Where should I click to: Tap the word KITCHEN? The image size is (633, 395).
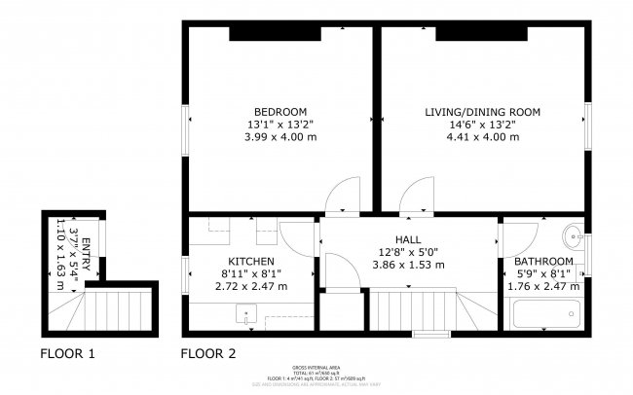pyautogui.click(x=250, y=262)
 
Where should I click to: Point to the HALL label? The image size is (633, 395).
pyautogui.click(x=408, y=239)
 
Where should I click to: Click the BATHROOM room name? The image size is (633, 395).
pyautogui.click(x=543, y=262)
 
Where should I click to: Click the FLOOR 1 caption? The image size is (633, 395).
pyautogui.click(x=67, y=353)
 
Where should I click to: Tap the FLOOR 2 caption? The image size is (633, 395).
pyautogui.click(x=208, y=353)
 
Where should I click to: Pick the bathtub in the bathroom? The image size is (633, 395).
pyautogui.click(x=545, y=315)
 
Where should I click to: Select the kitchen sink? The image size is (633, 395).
pyautogui.click(x=246, y=316)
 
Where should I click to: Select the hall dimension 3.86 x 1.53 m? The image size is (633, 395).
pyautogui.click(x=408, y=265)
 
